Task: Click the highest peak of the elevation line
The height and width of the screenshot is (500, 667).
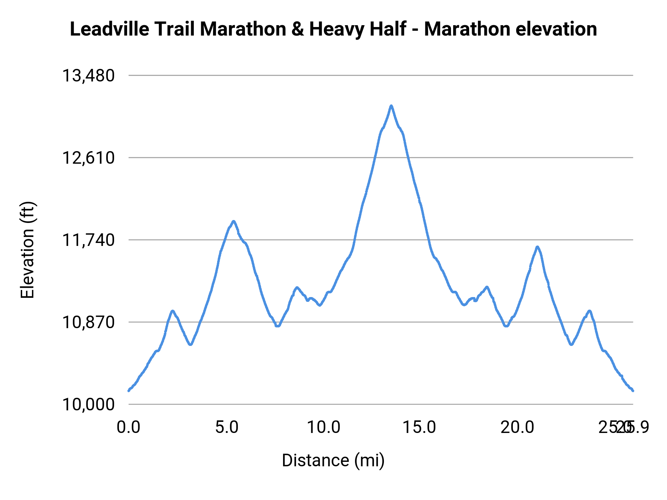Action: pos(391,106)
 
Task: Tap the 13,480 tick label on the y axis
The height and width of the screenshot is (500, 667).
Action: pos(88,76)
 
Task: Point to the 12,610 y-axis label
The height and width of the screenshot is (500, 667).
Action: pos(88,158)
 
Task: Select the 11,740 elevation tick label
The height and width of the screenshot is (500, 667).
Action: pos(88,240)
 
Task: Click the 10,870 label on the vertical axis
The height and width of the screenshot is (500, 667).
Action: pos(88,323)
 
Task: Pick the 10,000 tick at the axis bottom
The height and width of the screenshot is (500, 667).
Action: pos(88,404)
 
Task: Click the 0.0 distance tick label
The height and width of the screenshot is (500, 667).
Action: pos(128,427)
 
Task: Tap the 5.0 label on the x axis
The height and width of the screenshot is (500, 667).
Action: pos(227,427)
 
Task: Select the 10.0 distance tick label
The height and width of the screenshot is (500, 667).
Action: pos(323,427)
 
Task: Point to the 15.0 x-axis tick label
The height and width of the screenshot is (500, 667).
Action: pos(419,427)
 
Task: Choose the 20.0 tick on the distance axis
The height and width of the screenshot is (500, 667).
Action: pos(517,427)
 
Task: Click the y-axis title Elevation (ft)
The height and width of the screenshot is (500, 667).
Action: pos(27,250)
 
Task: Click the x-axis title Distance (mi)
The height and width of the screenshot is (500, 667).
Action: pos(333,460)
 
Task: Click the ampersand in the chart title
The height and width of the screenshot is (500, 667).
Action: pos(298,29)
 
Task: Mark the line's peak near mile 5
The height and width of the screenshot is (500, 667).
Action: pos(233,221)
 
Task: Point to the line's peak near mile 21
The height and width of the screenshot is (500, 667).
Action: pos(537,247)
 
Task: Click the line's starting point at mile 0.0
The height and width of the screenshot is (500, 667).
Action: pos(129,390)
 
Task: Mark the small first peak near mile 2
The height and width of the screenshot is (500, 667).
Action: pos(173,311)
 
